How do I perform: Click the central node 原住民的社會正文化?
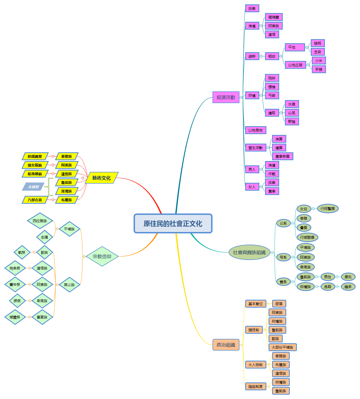pyautogui.click(x=173, y=224)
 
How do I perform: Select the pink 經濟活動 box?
pyautogui.click(x=226, y=97)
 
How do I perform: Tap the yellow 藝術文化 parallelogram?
pyautogui.click(x=101, y=178)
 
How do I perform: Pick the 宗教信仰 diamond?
pyautogui.click(x=102, y=256)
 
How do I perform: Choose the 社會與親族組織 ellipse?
pyautogui.click(x=249, y=252)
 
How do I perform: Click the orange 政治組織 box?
pyautogui.click(x=226, y=345)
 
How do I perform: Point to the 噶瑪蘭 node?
pyautogui.click(x=273, y=17)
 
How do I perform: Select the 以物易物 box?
pyautogui.click(x=255, y=130)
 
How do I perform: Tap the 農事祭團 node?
pyautogui.click(x=282, y=156)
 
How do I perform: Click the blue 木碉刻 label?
pyautogui.click(x=33, y=187)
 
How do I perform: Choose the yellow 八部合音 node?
pyautogui.click(x=35, y=200)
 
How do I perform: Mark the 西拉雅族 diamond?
pyautogui.click(x=40, y=221)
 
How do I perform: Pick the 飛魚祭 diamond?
pyautogui.click(x=15, y=268)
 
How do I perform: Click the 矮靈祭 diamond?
pyautogui.click(x=15, y=317)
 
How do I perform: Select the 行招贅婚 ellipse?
pyautogui.click(x=328, y=209)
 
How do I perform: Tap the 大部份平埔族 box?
pyautogui.click(x=282, y=347)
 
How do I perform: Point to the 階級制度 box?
pyautogui.click(x=255, y=386)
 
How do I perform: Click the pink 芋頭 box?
pyautogui.click(x=319, y=69)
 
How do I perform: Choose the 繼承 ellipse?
pyautogui.click(x=348, y=287)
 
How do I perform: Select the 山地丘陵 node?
pyautogui.click(x=295, y=65)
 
